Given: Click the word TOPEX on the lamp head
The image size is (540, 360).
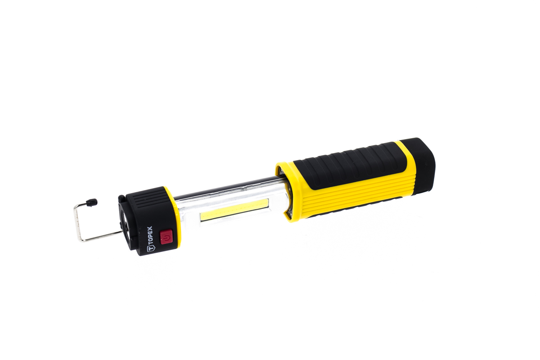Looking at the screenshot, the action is click(x=150, y=234).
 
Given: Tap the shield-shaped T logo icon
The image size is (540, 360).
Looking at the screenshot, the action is click(x=150, y=248).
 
